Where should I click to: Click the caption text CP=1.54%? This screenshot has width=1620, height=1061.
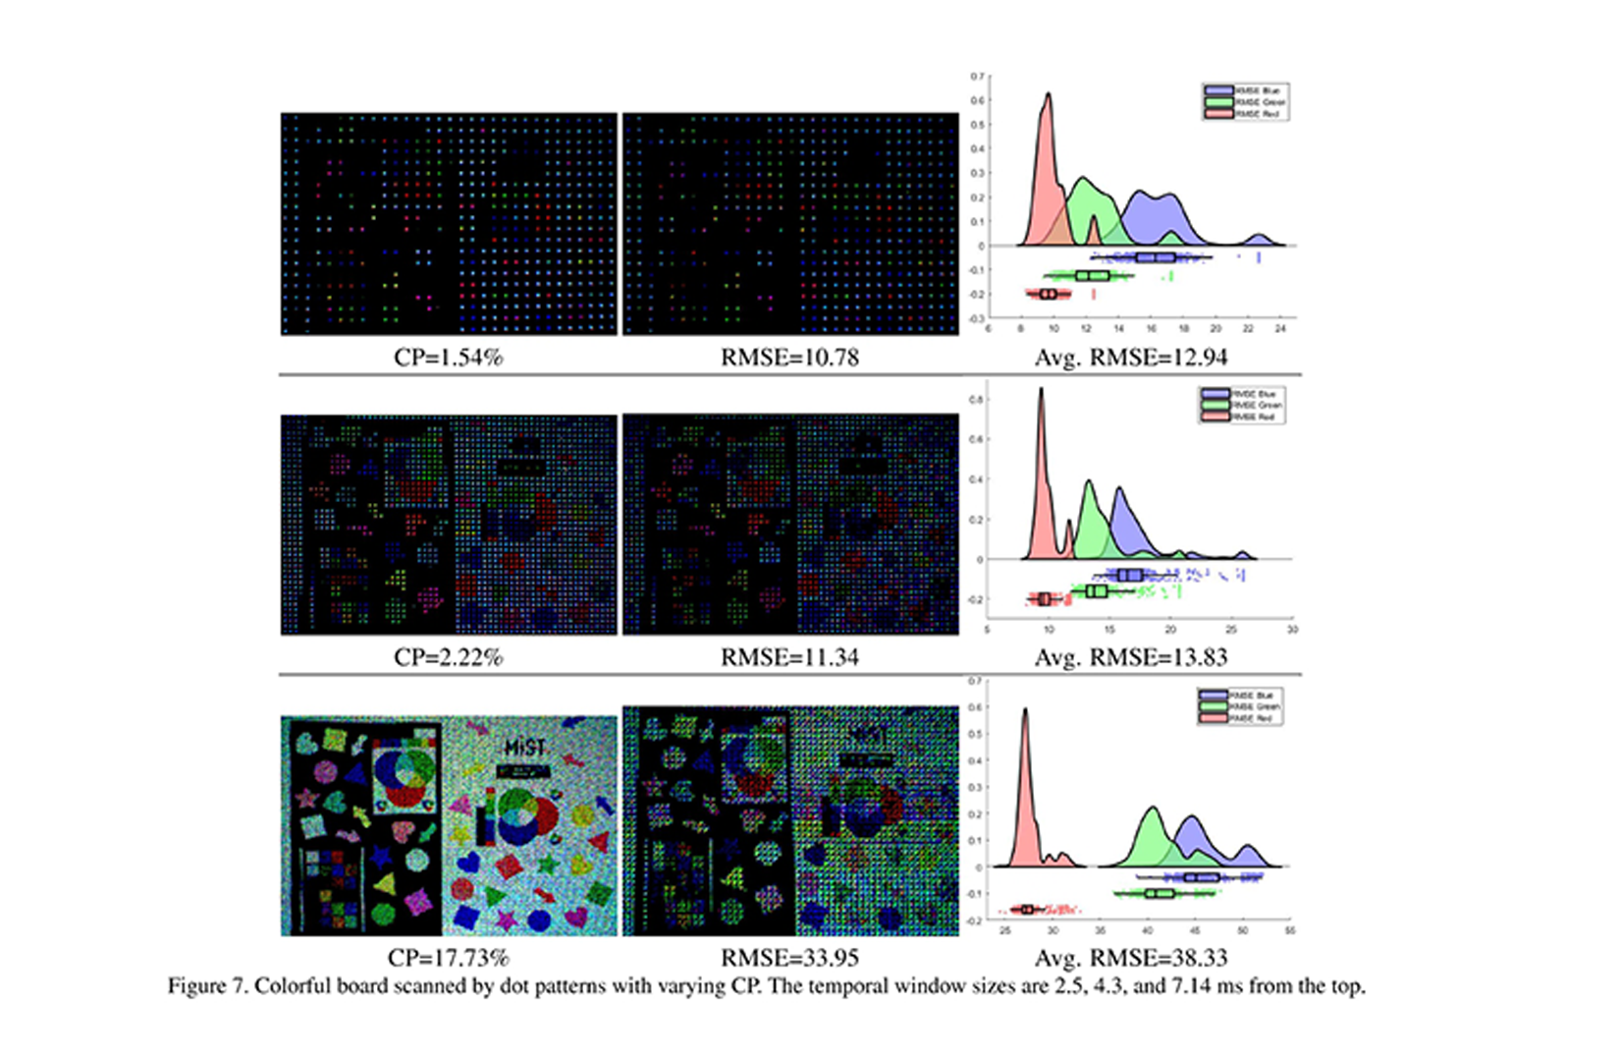coord(448,358)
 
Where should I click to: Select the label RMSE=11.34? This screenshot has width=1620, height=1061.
coord(789,657)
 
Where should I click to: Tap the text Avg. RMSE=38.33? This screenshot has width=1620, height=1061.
coord(1130,958)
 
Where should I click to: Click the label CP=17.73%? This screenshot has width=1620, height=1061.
coord(448,958)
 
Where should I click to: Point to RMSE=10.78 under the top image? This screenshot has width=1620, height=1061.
coord(789,358)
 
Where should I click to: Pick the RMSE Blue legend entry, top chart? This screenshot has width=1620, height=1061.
coord(1246,90)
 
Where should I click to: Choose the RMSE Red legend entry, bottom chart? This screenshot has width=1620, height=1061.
coord(1240,718)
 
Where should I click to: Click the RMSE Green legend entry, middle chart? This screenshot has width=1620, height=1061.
coord(1242,405)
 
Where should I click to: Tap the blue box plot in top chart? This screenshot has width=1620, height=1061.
coord(1155,257)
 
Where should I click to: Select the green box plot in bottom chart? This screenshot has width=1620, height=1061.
coord(1159,893)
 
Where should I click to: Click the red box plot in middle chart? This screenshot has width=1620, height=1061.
coord(1044,599)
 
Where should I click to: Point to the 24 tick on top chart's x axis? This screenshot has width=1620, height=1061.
coord(1279,329)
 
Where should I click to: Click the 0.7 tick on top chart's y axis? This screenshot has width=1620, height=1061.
coord(977,77)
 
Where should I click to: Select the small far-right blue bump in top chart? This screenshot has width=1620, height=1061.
coord(1259,239)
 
